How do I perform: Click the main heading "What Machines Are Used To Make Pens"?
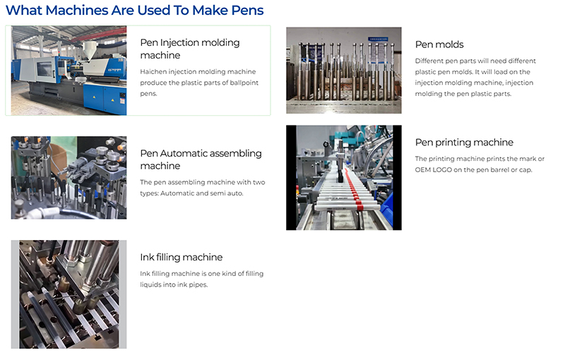coord(134,11)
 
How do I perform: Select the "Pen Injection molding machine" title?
coord(189,49)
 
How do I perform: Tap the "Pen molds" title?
coord(439,44)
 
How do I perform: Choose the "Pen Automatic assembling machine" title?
coord(201,160)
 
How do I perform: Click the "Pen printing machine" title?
coord(464,143)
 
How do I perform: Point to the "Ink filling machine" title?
coord(181,258)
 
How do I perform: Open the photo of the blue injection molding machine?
coord(69,71)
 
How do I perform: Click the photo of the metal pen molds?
coord(343,71)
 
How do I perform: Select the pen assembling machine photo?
coord(69,178)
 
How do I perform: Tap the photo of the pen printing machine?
coord(343,178)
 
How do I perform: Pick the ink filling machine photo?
coord(69,294)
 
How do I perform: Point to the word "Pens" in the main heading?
coord(245,11)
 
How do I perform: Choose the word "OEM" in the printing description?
coord(424,170)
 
